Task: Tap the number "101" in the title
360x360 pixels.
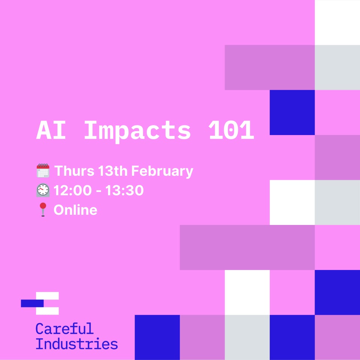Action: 231,131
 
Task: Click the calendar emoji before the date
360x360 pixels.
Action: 43,171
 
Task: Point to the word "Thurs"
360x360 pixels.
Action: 74,171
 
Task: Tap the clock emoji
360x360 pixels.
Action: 43,190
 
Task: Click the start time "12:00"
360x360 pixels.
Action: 73,190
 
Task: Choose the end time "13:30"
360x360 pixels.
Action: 124,190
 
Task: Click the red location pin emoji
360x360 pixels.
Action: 43,210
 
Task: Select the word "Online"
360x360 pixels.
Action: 75,210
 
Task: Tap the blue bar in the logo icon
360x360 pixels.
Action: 32,303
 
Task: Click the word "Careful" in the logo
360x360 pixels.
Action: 64,329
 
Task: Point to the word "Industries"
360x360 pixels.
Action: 76,344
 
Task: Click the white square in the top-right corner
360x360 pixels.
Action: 337,22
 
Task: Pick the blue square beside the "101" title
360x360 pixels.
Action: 292,112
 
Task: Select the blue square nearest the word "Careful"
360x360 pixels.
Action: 157,337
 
